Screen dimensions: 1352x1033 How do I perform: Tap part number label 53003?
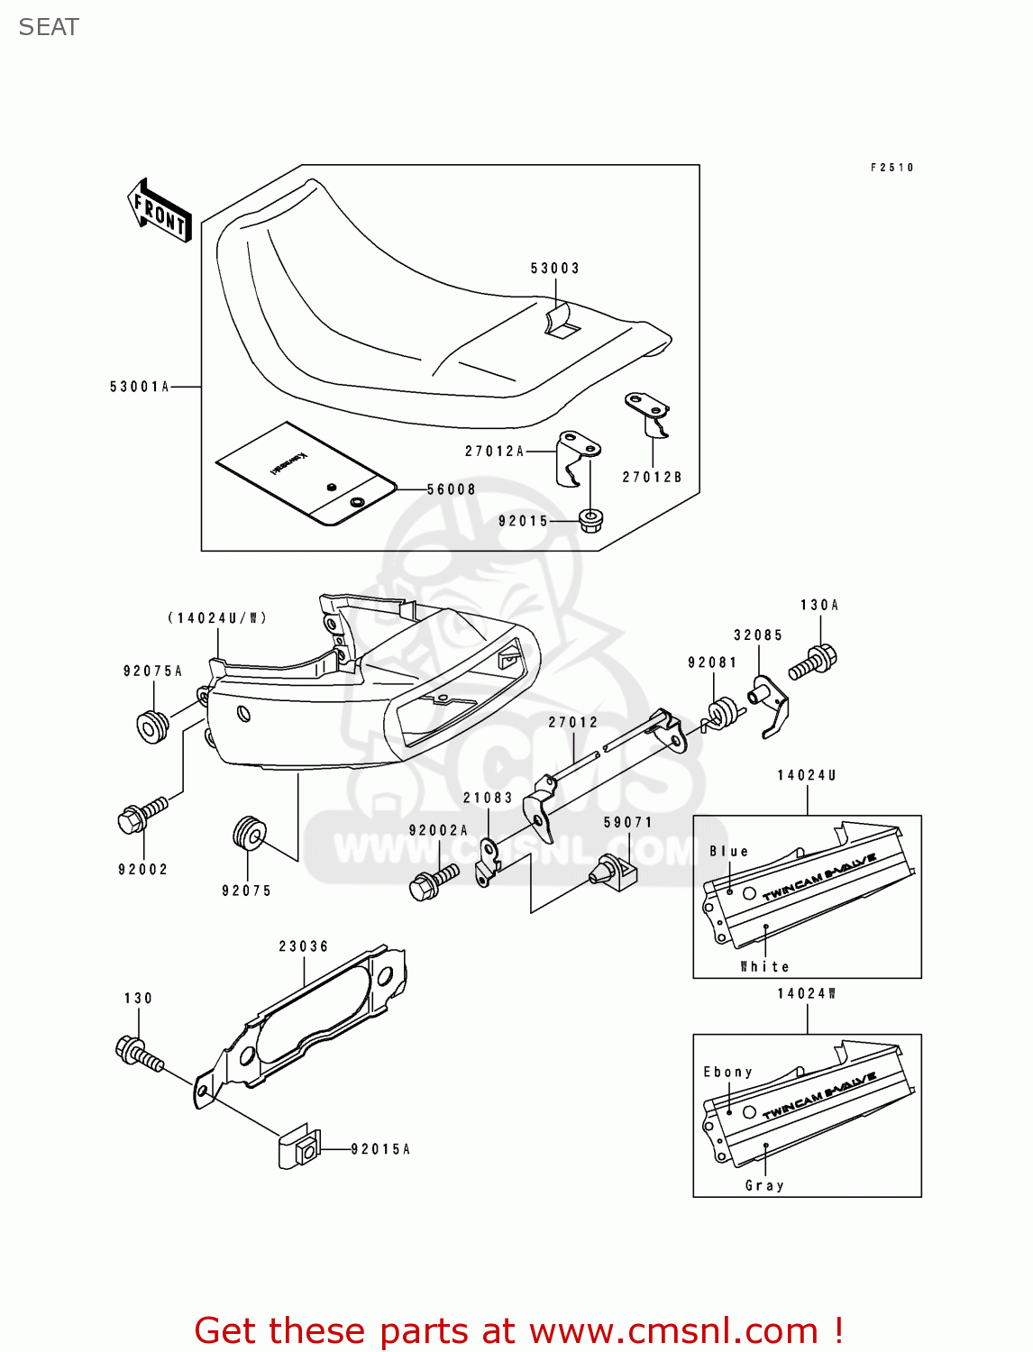click(554, 269)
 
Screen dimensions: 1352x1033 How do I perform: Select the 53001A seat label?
click(140, 387)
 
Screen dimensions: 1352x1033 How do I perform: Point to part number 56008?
click(451, 489)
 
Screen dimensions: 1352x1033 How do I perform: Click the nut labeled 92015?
click(590, 520)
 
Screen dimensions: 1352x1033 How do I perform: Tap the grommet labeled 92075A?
click(152, 726)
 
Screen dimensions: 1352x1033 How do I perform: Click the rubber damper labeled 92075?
click(249, 833)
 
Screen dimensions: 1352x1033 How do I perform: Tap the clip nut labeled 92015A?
click(299, 1148)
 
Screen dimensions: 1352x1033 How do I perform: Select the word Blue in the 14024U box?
click(728, 851)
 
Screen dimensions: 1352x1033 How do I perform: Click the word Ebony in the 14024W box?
click(727, 1072)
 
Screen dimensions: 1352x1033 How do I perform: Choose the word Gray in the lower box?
click(764, 1185)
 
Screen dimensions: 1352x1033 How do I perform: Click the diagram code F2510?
click(891, 168)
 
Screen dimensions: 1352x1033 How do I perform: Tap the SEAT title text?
click(49, 27)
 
